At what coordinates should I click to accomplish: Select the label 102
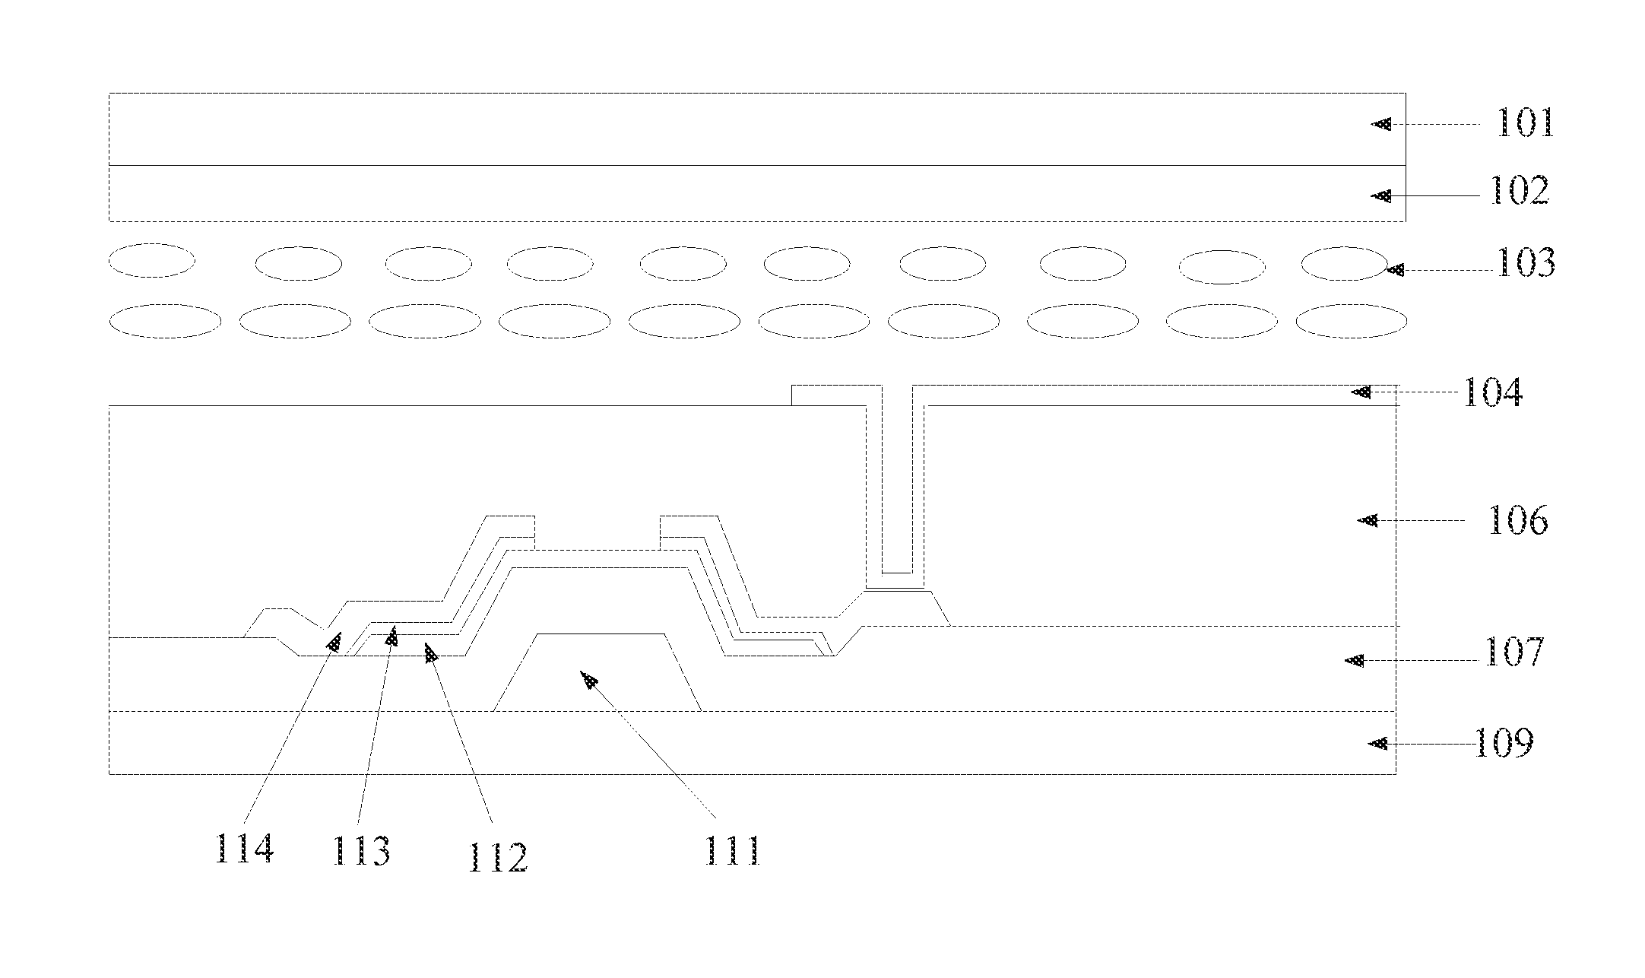(1520, 190)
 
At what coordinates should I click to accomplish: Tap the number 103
(1525, 262)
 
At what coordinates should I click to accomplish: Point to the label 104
(1492, 393)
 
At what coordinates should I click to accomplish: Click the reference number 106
(1517, 521)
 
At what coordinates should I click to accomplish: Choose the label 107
(1513, 653)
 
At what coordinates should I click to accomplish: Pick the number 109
(1504, 743)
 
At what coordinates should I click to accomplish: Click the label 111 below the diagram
(732, 851)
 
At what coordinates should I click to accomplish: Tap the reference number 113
(361, 851)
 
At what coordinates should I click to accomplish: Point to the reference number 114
(244, 848)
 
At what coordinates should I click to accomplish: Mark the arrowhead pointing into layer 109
(1378, 743)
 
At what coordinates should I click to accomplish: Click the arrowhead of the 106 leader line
(1368, 520)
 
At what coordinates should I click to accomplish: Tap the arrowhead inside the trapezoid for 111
(589, 678)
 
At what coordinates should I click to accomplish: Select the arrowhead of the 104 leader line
(1361, 392)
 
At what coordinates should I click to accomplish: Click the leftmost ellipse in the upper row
(152, 260)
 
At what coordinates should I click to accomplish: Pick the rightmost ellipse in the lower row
(1351, 321)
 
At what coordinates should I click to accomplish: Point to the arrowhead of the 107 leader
(1355, 661)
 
